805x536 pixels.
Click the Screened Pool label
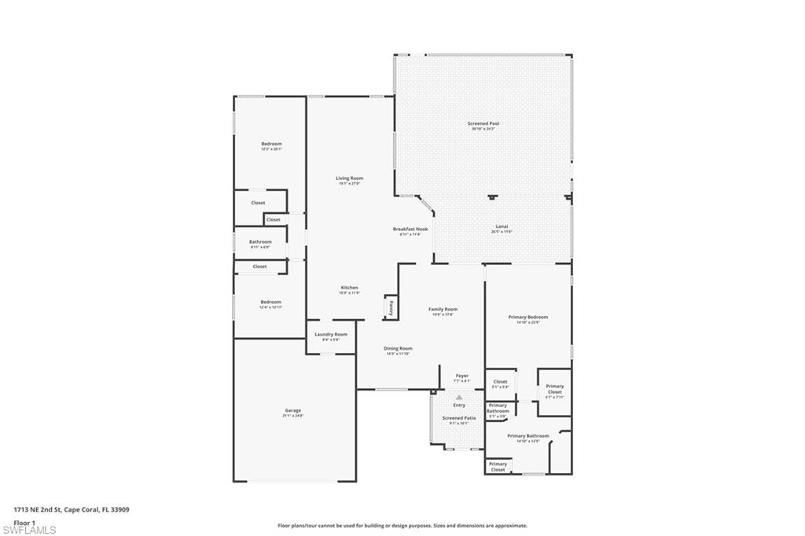(483, 124)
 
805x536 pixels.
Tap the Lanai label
(501, 226)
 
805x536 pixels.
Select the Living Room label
(349, 178)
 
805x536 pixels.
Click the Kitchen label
(349, 288)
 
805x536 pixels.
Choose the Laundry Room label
(330, 335)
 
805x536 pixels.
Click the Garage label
(292, 410)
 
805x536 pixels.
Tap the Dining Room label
(398, 349)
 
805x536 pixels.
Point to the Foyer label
(461, 376)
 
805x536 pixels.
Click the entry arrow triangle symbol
(459, 398)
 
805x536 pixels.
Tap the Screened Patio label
(458, 419)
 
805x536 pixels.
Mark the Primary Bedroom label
(527, 318)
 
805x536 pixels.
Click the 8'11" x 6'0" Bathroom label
(260, 242)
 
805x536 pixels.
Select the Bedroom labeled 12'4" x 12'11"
(270, 303)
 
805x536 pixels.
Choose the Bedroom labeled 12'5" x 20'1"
(271, 145)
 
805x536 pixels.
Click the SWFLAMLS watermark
(28, 530)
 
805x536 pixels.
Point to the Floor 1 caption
(24, 522)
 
